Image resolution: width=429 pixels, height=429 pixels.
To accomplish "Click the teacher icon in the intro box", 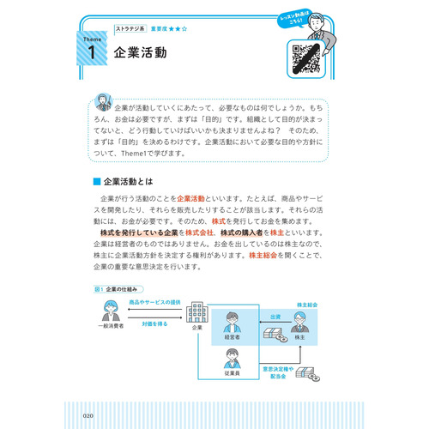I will [103, 101].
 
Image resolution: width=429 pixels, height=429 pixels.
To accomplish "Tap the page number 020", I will [93, 417].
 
